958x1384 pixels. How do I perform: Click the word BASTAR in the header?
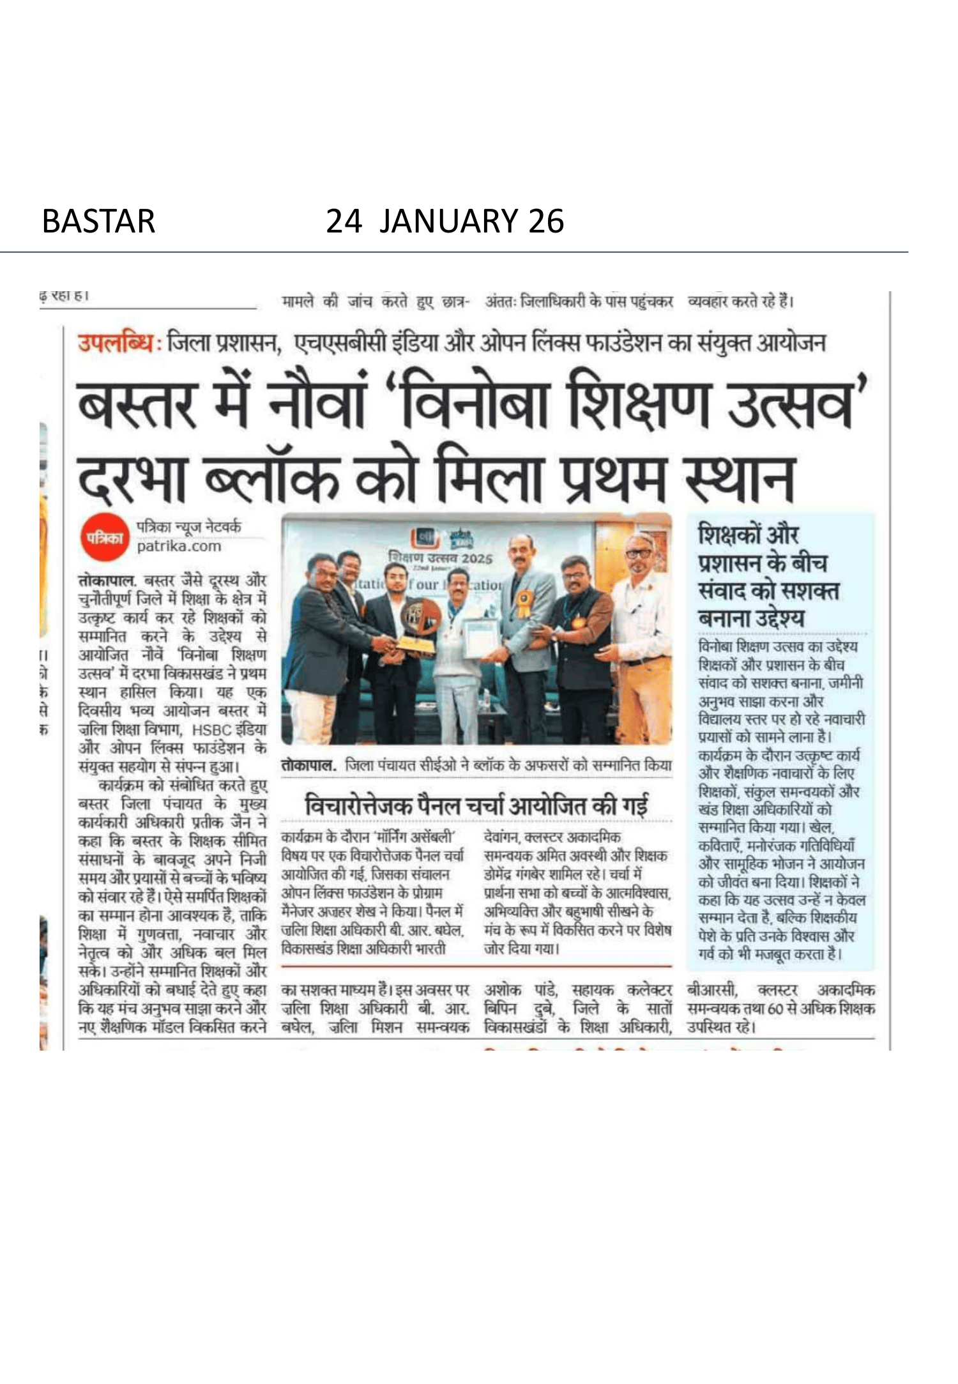point(98,221)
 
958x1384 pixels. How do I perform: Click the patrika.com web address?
point(179,546)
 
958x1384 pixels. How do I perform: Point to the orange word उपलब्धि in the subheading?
point(116,343)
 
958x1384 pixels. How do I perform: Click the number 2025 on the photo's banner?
point(477,558)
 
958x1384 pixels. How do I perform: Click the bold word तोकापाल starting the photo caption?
point(308,765)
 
